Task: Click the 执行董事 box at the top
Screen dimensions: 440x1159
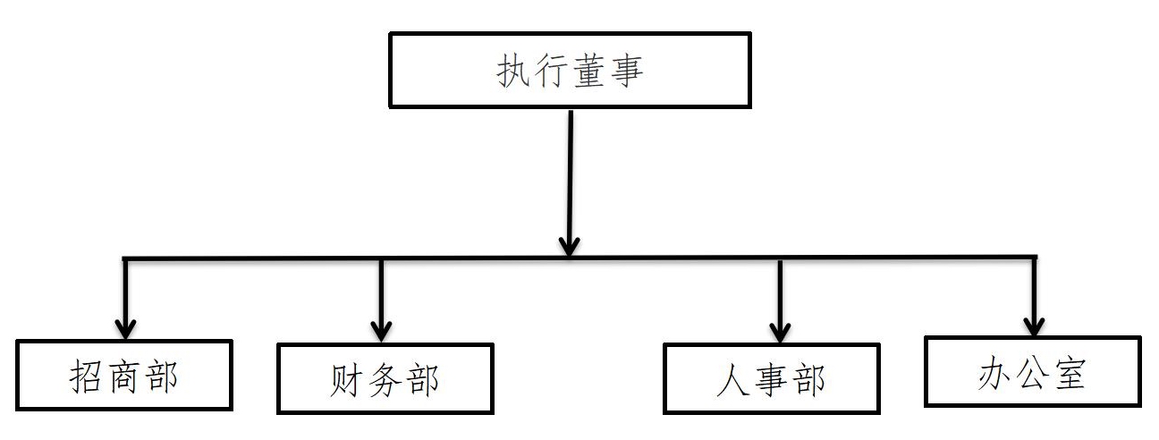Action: point(570,71)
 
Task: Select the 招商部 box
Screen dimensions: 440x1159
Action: point(124,375)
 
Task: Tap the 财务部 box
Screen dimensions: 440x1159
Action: point(385,379)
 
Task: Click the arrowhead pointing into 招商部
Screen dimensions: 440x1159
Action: point(126,326)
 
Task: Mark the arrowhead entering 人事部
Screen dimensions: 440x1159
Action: point(781,330)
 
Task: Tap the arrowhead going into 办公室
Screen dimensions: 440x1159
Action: point(1034,324)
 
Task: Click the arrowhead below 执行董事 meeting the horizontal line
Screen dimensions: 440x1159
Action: point(570,243)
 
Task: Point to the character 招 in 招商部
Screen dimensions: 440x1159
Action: point(87,377)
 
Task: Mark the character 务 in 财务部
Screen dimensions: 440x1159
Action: point(384,380)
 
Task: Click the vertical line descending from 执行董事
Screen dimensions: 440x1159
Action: point(570,170)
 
